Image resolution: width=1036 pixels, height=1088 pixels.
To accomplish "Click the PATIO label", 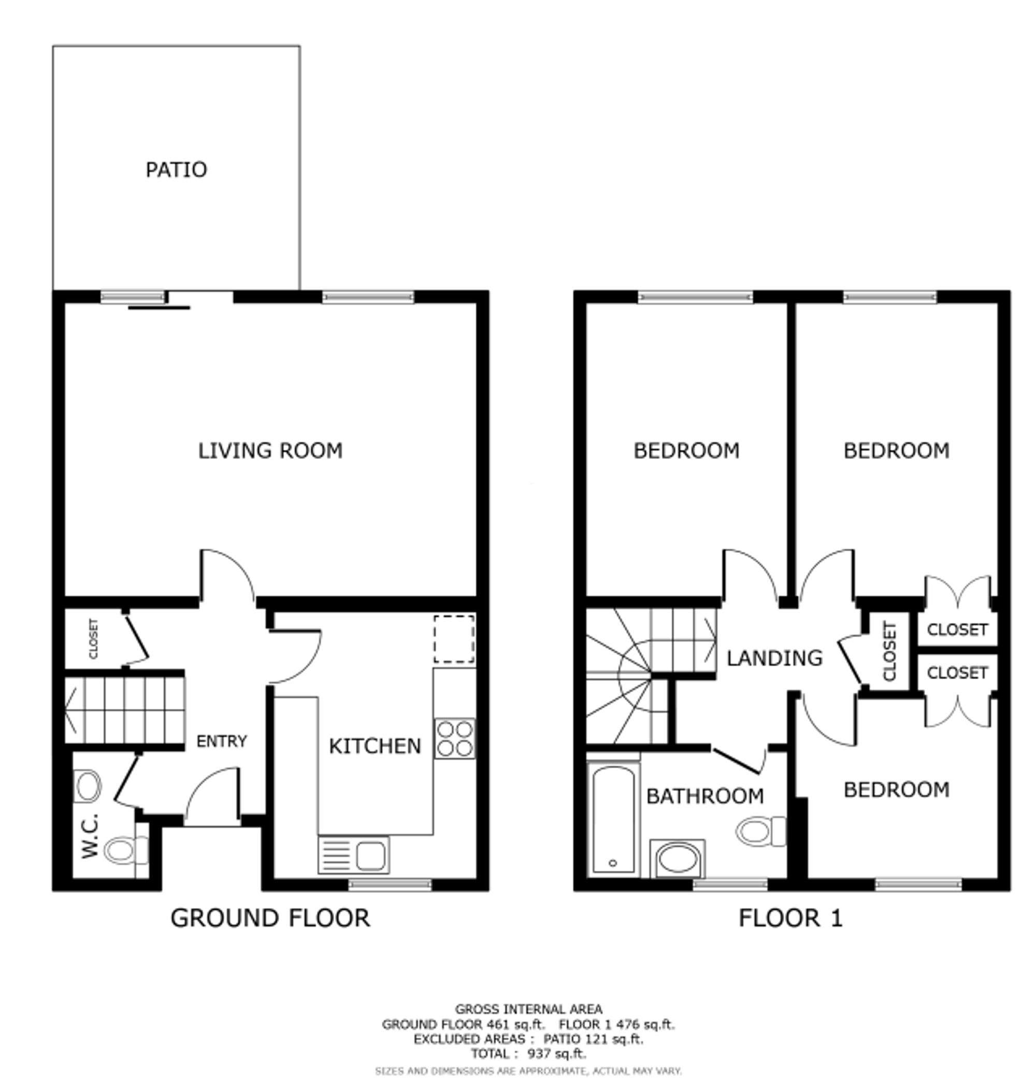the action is [176, 169].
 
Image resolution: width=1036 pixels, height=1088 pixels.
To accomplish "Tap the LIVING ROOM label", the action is [270, 451].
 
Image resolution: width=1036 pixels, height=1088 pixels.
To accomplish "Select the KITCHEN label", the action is [375, 746].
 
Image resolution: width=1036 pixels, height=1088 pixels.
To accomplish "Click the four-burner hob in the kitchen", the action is [454, 738].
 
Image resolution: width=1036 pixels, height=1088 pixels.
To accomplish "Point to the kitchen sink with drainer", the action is [353, 855].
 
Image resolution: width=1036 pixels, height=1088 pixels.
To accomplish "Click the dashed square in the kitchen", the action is [454, 639].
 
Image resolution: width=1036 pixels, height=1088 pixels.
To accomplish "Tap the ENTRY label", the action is [222, 741].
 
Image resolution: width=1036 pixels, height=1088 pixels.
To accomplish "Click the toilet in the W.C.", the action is [126, 851].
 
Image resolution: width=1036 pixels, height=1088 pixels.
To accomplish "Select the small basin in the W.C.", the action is [87, 786].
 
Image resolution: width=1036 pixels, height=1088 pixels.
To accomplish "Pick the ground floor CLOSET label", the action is [93, 638].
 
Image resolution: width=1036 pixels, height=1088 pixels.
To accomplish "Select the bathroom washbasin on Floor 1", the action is [677, 859].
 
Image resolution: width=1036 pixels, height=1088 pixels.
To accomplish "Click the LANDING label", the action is [774, 658].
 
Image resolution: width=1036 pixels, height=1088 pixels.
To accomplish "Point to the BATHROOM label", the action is [705, 796].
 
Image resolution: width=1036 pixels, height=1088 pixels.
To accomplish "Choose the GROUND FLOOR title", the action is [270, 918].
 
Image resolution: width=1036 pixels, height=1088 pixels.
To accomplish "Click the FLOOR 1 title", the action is [791, 918].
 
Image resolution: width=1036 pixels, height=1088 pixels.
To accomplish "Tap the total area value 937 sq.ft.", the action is [557, 1053].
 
